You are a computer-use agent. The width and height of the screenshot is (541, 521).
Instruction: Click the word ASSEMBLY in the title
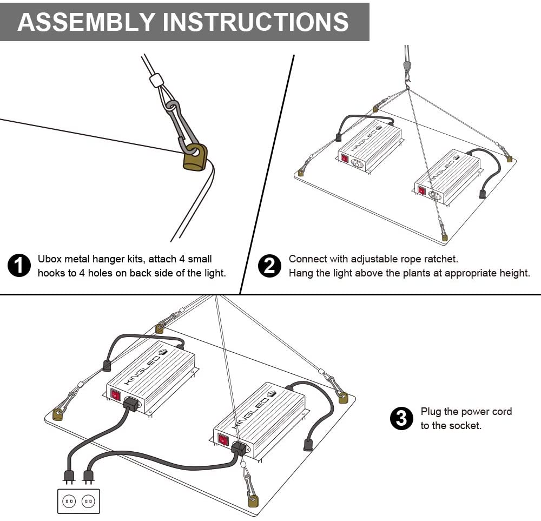pyautogui.click(x=85, y=22)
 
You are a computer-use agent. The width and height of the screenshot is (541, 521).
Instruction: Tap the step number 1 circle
pyautogui.click(x=19, y=266)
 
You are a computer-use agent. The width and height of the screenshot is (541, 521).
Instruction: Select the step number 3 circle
pyautogui.click(x=401, y=419)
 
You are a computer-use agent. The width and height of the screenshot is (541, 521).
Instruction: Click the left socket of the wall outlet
pyautogui.click(x=69, y=501)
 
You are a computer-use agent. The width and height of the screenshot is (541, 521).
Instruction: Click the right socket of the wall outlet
pyautogui.click(x=88, y=501)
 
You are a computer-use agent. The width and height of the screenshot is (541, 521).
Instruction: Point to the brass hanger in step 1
pyautogui.click(x=195, y=157)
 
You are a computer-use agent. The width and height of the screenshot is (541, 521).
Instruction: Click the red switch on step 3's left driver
pyautogui.click(x=115, y=395)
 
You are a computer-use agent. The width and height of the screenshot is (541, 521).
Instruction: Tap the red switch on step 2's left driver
pyautogui.click(x=344, y=159)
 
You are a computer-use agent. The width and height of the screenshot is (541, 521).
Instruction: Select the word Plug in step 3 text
pyautogui.click(x=431, y=412)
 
